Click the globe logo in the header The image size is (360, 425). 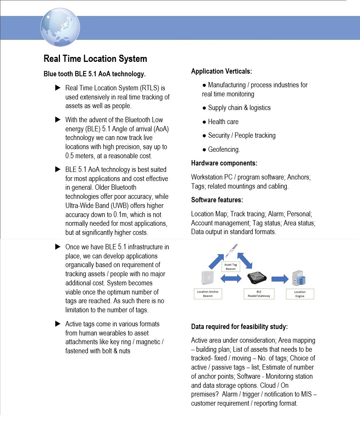(x=60, y=27)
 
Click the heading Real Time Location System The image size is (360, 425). (x=95, y=59)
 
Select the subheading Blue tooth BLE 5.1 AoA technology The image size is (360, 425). (x=95, y=73)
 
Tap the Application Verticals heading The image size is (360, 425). (x=222, y=71)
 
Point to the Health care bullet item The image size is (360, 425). (x=223, y=122)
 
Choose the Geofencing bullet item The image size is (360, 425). (x=224, y=150)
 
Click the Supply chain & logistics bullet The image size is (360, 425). (x=239, y=108)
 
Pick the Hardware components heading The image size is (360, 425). (x=224, y=163)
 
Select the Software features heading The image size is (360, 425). (x=217, y=200)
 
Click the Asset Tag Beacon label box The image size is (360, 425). (x=231, y=266)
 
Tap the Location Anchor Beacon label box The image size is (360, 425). (x=208, y=294)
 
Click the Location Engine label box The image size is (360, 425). (x=300, y=294)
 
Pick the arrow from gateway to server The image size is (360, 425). (x=280, y=279)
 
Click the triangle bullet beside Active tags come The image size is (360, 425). (x=58, y=324)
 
